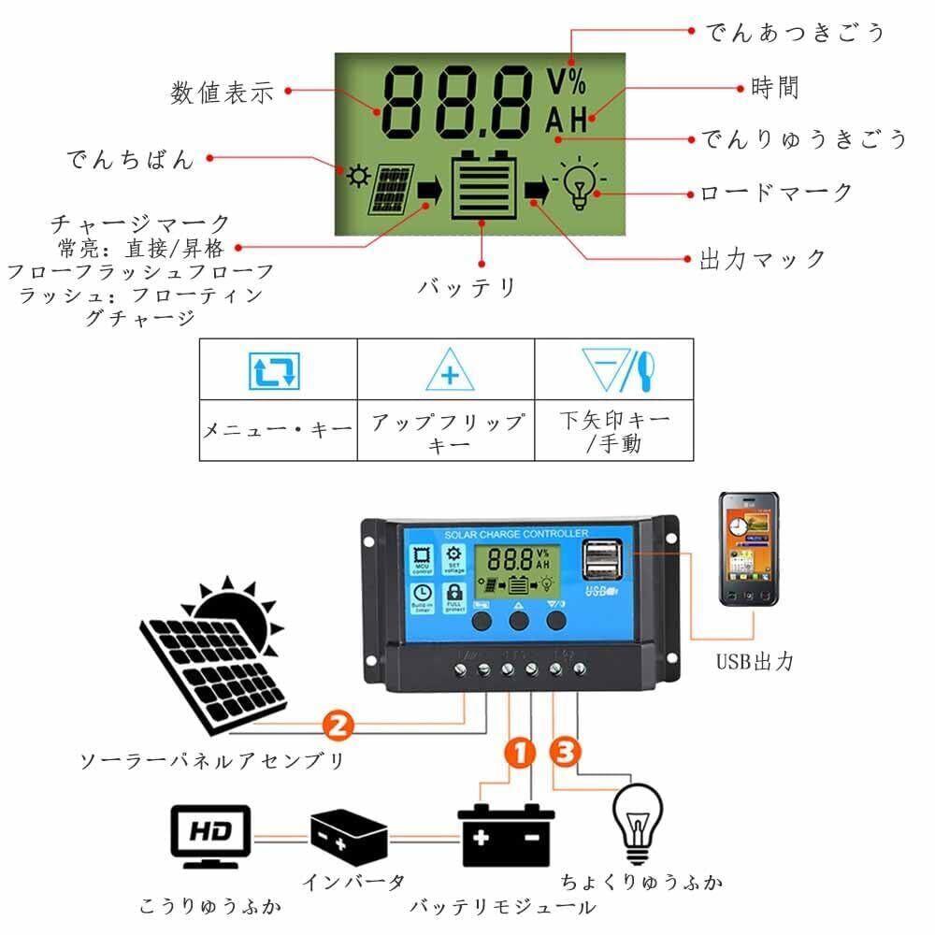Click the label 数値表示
point(222,93)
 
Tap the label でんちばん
point(130,160)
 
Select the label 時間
point(775,88)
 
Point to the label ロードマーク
point(777,194)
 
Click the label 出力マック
point(763,258)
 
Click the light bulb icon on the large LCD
point(580,185)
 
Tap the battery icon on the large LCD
point(484,184)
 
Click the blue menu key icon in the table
point(274,370)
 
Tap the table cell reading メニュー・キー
point(279,429)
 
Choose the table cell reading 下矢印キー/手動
point(614,429)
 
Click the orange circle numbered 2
point(337,724)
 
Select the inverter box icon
point(348,836)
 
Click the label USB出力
point(755,661)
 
